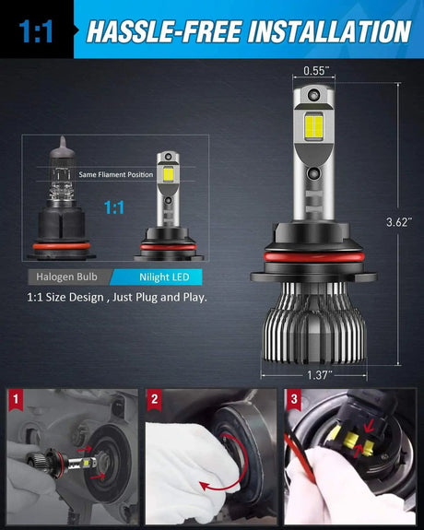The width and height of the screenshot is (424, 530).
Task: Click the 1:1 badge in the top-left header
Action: coord(36,33)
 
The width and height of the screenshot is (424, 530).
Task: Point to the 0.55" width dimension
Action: coord(314,70)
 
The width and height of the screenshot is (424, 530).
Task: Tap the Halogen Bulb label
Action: coord(66,277)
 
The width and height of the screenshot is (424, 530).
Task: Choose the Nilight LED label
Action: coord(159,277)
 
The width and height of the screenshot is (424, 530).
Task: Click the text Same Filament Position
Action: coord(115,174)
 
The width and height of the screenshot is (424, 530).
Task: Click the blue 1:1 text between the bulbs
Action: coord(114,208)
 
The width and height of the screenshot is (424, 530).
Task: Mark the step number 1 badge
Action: coord(15,400)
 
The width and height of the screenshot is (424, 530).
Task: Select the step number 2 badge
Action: coord(155,400)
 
